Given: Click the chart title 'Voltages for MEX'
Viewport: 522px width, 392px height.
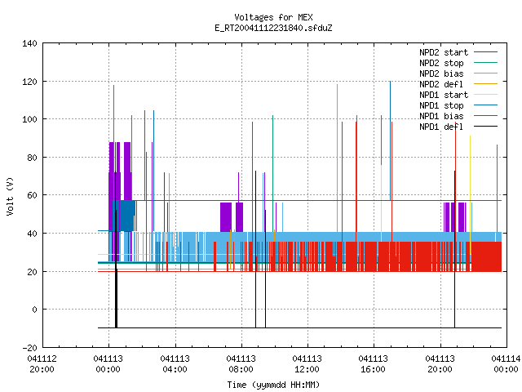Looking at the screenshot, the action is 273,17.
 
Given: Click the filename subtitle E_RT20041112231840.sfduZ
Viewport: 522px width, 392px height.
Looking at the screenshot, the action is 273,28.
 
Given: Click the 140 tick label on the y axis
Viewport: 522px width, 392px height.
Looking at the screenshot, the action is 29,43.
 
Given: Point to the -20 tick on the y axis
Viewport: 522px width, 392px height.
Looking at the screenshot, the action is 29,348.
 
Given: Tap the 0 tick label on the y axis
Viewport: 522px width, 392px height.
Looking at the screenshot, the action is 34,310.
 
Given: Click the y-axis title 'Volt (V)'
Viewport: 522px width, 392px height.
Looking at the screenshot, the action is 10,196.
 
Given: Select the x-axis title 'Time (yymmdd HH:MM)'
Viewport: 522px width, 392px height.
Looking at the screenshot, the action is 273,385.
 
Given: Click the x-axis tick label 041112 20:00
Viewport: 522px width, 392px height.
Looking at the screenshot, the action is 42,364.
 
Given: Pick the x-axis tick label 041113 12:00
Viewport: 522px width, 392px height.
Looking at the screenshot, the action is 307,364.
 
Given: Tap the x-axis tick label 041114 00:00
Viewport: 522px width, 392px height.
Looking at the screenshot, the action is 506,364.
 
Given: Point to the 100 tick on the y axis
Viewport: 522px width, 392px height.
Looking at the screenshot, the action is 29,119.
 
